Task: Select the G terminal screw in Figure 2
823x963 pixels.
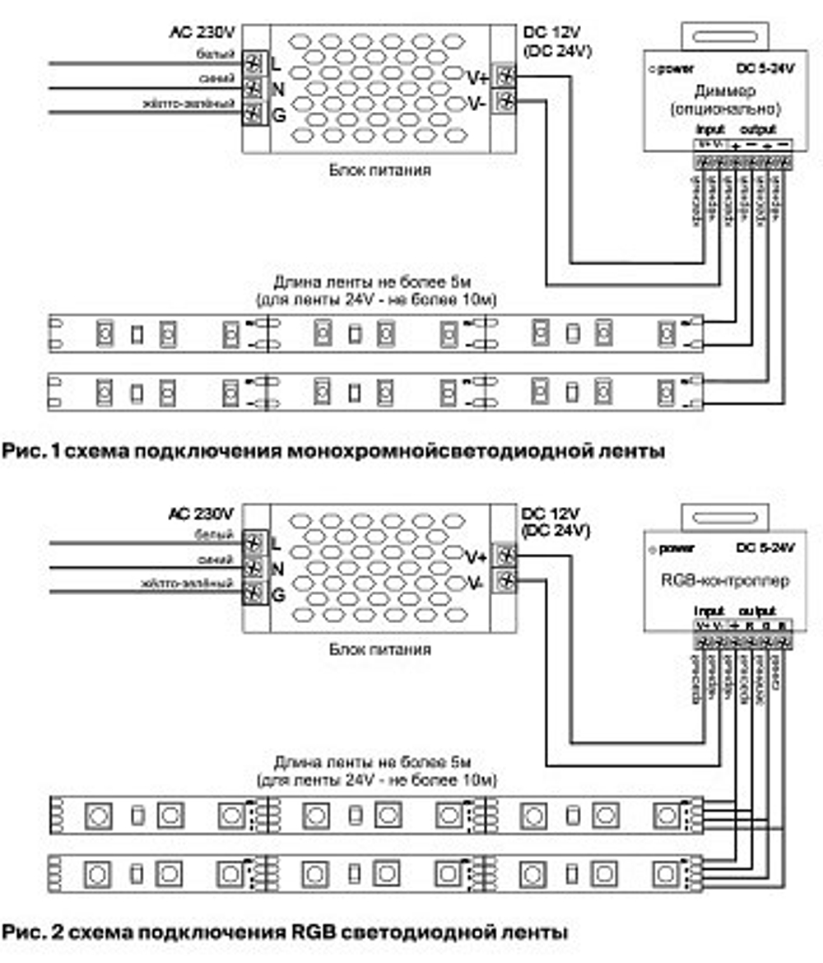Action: click(x=254, y=592)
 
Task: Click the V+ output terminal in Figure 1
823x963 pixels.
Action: click(x=504, y=77)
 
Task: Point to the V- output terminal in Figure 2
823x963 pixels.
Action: click(x=504, y=580)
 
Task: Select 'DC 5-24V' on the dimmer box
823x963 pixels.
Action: click(x=765, y=68)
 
